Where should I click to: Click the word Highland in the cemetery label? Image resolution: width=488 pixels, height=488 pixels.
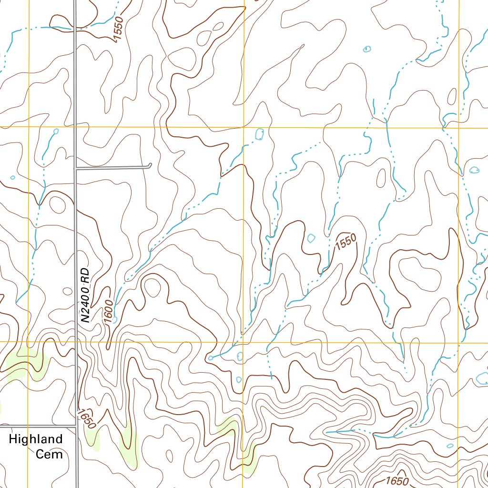36,439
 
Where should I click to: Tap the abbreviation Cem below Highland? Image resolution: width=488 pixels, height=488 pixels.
49,454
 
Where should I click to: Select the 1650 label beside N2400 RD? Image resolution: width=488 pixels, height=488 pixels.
88,418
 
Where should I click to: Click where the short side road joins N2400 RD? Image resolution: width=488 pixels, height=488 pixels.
76,168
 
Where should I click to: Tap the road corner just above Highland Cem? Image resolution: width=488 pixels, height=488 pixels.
76,425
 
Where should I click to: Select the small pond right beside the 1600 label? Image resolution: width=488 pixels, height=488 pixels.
115,320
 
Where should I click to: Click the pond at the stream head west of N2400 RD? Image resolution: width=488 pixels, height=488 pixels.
56,131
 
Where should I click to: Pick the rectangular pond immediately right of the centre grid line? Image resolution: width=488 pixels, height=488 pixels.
260,134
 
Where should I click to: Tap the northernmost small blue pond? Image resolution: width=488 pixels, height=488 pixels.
367,49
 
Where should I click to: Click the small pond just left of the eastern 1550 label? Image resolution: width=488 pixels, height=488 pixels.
312,238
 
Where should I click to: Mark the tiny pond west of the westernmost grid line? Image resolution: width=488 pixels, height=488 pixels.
12,177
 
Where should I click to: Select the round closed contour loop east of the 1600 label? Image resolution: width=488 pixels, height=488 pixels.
152,287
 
